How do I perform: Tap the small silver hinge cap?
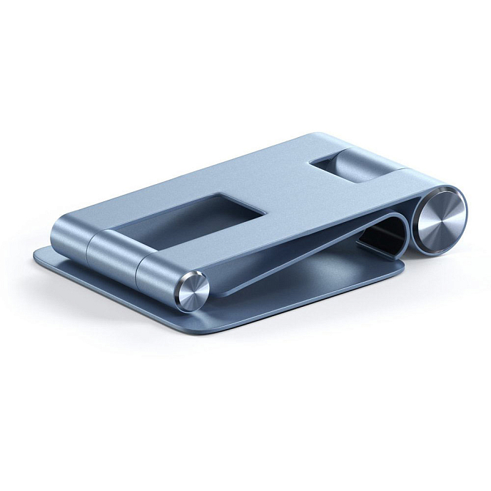point(192,291)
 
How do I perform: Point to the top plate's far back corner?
point(314,135)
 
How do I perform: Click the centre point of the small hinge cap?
point(192,291)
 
